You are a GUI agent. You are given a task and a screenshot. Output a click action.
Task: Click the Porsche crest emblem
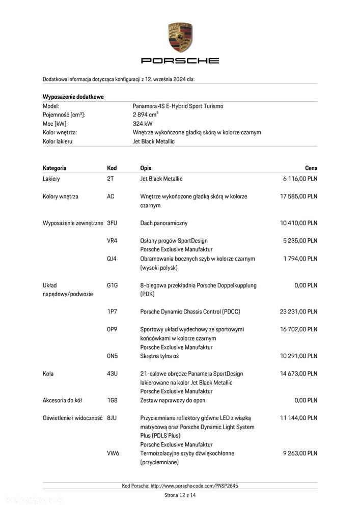[180, 37]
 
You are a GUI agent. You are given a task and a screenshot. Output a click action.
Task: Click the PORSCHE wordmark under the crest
[180, 61]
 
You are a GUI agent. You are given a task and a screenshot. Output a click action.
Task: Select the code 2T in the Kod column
[110, 179]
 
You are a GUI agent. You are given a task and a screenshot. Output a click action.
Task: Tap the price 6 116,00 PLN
[300, 179]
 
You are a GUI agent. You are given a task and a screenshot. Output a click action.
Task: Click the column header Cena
[311, 168]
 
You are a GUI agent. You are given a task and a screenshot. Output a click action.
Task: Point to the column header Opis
[146, 168]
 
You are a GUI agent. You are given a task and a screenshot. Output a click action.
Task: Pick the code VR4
[112, 241]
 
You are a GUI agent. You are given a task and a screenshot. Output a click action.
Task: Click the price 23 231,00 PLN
[298, 312]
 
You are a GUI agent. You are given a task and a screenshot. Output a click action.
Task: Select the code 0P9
[112, 329]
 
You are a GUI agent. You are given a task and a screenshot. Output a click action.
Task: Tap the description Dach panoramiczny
[164, 223]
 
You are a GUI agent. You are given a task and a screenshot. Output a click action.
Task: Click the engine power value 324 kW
[142, 124]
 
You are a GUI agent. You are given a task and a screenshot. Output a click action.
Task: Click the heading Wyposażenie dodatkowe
[73, 97]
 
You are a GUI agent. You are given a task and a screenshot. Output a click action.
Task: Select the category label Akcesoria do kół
[64, 400]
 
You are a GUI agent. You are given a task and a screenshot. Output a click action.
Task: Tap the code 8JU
[112, 418]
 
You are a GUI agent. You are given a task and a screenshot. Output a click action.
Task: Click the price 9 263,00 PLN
[300, 453]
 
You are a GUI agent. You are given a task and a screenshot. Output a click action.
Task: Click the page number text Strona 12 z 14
[180, 495]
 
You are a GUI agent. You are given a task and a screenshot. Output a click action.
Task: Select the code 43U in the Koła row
[112, 374]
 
